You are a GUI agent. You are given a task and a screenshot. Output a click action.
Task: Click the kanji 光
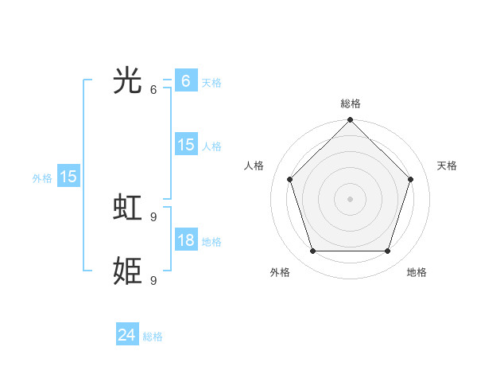click(128, 81)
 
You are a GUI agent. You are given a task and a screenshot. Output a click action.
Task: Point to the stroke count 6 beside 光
click(153, 89)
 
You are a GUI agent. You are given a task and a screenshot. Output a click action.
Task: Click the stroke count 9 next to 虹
click(153, 216)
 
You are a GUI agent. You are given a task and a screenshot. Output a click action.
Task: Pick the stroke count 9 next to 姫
click(153, 280)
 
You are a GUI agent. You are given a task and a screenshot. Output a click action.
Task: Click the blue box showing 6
click(185, 81)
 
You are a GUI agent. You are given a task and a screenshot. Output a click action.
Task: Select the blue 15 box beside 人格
click(185, 145)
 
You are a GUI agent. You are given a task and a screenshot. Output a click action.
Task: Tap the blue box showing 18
click(185, 240)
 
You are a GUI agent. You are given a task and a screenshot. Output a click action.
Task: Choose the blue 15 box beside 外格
click(68, 177)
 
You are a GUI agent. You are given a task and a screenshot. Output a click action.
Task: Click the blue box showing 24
click(126, 335)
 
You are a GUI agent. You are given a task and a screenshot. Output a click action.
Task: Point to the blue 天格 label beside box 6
click(211, 83)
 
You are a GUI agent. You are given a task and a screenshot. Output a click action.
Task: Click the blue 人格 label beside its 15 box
click(211, 146)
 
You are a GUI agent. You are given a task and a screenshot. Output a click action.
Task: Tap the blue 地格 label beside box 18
click(211, 242)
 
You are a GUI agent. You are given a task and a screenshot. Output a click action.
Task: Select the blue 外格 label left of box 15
click(42, 178)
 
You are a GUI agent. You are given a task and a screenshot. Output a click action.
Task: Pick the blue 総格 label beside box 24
click(153, 337)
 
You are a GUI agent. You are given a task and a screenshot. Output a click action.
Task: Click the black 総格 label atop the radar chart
click(351, 103)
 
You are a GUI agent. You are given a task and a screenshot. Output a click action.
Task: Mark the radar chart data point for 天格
click(411, 179)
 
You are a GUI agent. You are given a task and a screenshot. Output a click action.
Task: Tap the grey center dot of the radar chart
click(351, 199)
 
